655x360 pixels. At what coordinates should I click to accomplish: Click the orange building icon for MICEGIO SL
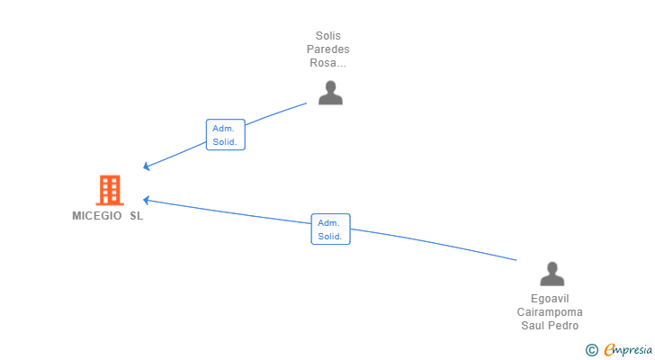109,190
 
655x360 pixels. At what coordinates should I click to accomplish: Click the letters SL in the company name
136,216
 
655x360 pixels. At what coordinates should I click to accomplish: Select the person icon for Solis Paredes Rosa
330,93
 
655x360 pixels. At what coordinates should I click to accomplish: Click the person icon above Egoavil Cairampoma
552,274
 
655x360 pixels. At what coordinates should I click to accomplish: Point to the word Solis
327,36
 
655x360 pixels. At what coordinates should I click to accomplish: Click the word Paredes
327,49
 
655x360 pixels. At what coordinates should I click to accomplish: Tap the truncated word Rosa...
327,63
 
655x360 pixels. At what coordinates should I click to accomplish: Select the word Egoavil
550,299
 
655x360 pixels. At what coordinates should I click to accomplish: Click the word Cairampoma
550,312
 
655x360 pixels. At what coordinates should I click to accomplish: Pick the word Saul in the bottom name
534,326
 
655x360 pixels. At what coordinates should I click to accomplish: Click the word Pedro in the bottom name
564,326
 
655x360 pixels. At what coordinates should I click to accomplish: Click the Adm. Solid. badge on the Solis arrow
225,135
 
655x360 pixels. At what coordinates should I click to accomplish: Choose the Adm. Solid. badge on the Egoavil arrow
330,229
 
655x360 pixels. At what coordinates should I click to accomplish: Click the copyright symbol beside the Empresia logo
591,350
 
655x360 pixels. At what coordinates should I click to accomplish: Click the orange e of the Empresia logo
609,350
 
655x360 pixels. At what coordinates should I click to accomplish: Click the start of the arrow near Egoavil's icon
516,259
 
